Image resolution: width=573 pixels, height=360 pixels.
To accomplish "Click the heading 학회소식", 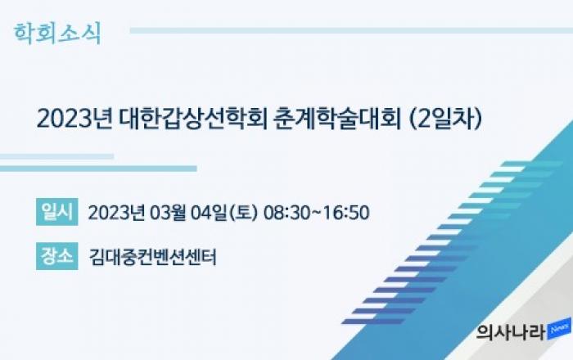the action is (x=57, y=34).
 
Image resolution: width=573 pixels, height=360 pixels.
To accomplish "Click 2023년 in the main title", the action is (x=74, y=119).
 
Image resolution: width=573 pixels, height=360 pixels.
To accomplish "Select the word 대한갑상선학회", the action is (x=193, y=119).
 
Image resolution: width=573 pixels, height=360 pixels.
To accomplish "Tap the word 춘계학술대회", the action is (x=337, y=119).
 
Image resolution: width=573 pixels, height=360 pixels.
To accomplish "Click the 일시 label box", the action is (x=57, y=212).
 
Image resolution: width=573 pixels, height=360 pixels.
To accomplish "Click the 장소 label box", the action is (x=57, y=256).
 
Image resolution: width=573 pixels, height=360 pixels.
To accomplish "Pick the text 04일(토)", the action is (x=224, y=213).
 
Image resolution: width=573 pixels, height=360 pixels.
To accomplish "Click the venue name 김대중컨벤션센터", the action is (x=153, y=257).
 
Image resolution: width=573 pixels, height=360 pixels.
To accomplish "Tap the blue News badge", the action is (x=559, y=330).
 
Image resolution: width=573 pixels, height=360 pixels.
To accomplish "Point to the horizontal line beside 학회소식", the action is (x=351, y=30).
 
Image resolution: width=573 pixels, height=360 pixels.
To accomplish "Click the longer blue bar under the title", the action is (x=98, y=169).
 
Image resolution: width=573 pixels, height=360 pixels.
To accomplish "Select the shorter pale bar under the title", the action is (x=56, y=156).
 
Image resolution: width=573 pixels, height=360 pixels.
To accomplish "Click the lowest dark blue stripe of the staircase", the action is (x=373, y=322).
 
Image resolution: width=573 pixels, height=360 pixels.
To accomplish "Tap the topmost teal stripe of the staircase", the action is (x=532, y=164).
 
